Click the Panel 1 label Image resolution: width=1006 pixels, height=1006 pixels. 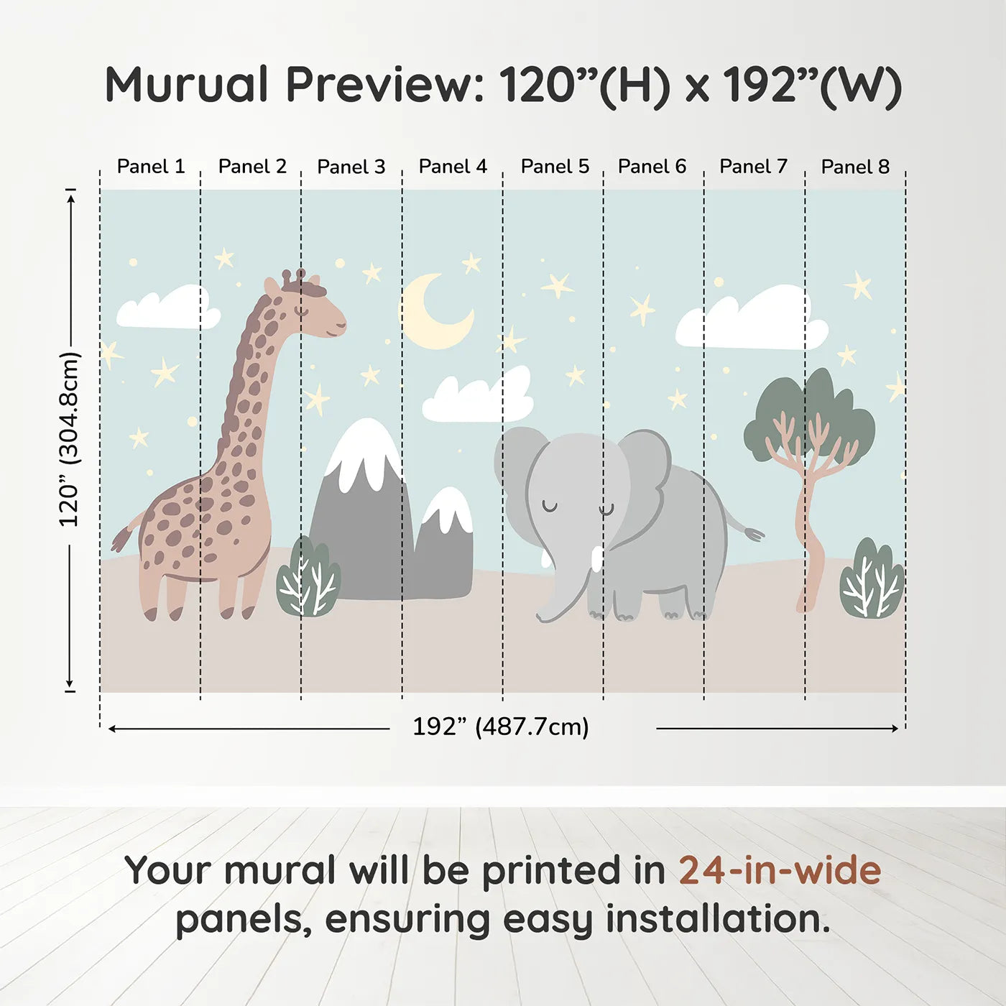point(151,167)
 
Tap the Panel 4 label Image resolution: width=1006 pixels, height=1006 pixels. point(453,167)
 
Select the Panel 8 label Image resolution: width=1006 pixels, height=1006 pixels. point(855,167)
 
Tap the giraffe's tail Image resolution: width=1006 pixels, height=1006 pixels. point(124,536)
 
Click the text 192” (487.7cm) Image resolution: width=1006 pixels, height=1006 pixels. point(500,727)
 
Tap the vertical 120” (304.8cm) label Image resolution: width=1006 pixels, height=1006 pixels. point(70,440)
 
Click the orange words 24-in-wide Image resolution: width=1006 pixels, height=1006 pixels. point(780,870)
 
